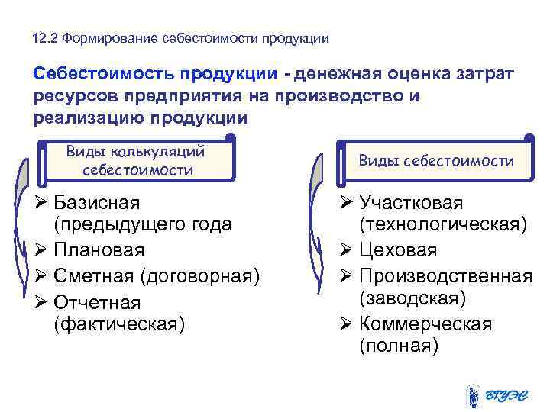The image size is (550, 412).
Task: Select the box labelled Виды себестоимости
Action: [435, 161]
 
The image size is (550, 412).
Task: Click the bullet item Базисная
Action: [95, 203]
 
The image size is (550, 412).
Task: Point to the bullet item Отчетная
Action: [97, 301]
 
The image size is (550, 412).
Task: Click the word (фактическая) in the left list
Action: [119, 324]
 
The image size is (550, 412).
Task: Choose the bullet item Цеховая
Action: [398, 250]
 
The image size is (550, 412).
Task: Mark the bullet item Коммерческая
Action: [425, 324]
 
